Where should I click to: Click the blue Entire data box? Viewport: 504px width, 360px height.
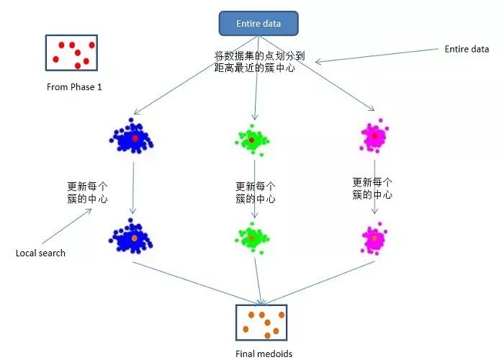[x=258, y=24]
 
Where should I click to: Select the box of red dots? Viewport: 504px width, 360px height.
[x=71, y=53]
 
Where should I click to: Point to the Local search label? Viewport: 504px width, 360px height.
[x=40, y=253]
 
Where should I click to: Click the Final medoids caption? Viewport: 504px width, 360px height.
[x=264, y=353]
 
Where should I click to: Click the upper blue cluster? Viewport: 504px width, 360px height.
[x=132, y=136]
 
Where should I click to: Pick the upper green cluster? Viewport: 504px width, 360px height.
[x=253, y=138]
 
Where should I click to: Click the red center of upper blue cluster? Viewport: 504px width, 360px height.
[x=135, y=137]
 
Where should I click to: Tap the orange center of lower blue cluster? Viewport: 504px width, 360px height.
[x=134, y=237]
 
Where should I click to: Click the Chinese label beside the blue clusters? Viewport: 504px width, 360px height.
[x=87, y=192]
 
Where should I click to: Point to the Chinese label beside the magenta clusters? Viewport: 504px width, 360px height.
[x=372, y=189]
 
